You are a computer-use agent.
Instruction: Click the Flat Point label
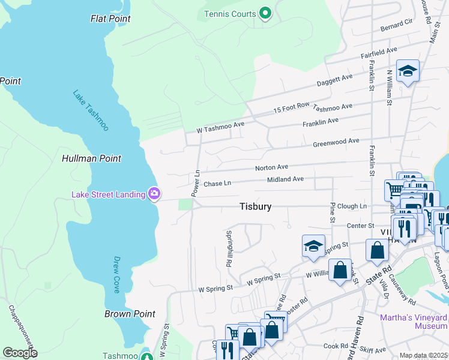(x=110, y=19)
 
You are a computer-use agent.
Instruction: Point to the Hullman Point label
(x=91, y=158)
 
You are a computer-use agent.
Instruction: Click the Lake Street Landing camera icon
(x=154, y=193)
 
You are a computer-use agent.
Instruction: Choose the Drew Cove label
(x=117, y=275)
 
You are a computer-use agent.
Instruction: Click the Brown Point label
(x=130, y=314)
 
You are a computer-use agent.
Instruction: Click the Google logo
(x=20, y=353)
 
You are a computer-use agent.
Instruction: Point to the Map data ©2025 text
(x=423, y=355)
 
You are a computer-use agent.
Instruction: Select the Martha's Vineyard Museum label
(x=414, y=321)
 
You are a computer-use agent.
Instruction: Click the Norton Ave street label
(x=271, y=167)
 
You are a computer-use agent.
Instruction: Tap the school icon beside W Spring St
(x=313, y=246)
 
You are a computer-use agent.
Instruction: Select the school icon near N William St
(x=408, y=71)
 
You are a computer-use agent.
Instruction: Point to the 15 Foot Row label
(x=291, y=108)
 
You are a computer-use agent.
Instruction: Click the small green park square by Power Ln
(x=185, y=205)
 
